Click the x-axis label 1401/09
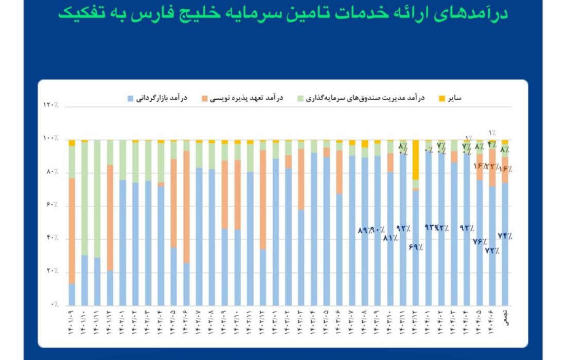pos(72,321)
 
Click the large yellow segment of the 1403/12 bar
pos(415,159)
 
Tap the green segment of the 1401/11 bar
pos(97,199)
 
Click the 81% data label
pos(390,238)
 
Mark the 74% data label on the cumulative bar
pos(505,236)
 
